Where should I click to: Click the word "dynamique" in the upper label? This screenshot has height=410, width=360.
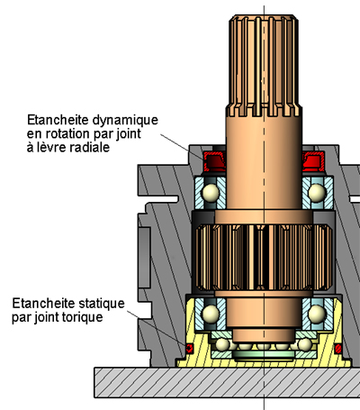point(125,121)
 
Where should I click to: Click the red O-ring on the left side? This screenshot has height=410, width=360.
point(189,349)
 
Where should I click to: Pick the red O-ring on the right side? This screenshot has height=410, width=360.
point(338,349)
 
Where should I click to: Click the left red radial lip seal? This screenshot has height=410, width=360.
point(214,161)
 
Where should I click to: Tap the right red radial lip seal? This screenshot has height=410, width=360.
point(313,161)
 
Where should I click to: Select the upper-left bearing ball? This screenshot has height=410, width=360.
point(211,192)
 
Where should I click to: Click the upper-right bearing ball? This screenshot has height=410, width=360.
point(317,192)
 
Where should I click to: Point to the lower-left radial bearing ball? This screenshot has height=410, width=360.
point(211,313)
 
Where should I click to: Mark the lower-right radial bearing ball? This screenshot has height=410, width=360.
point(317,313)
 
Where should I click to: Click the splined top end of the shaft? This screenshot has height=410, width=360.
point(264,66)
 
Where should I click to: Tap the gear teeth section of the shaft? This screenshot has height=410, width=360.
point(264,258)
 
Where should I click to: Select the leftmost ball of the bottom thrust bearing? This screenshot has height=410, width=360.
point(223,344)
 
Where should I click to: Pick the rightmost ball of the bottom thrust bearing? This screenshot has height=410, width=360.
point(305,344)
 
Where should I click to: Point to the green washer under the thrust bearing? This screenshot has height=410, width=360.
point(264,356)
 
